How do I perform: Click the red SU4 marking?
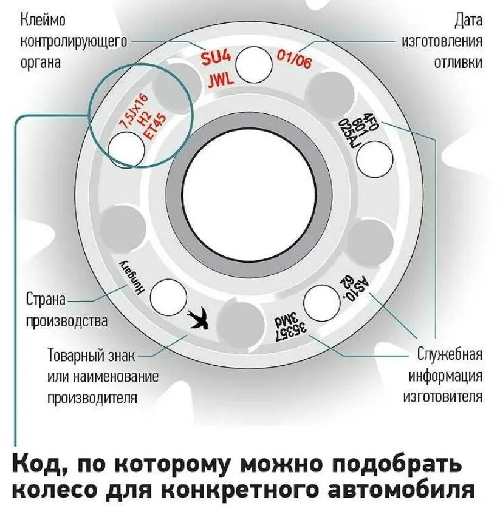(216, 59)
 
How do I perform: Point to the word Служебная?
(449, 354)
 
